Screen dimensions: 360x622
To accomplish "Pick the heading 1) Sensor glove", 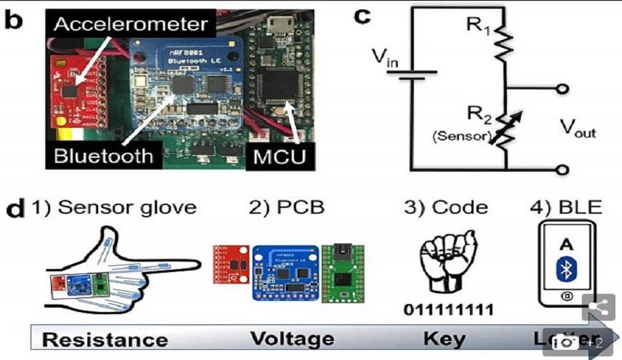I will tap(113, 207).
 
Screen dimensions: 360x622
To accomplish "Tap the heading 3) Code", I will tap(447, 207).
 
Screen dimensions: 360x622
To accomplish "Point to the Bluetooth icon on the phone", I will tap(566, 270).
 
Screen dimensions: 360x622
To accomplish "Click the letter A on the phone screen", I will tap(566, 245).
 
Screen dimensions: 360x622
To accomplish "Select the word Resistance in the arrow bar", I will tap(103, 340).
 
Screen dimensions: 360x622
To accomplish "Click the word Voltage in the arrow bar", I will tap(292, 340).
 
